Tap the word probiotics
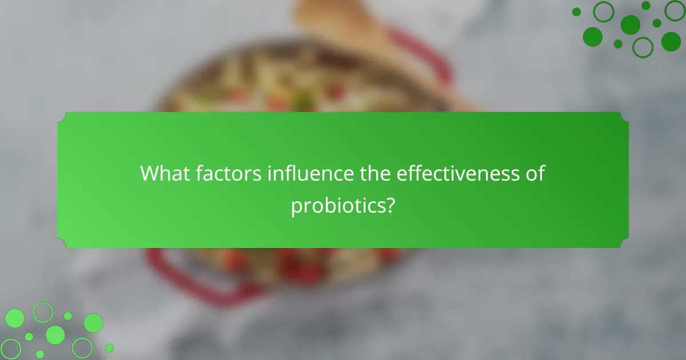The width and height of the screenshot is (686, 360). (x=337, y=206)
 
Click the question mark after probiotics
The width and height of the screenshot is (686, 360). (x=389, y=206)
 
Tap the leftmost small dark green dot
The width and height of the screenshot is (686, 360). (x=576, y=11)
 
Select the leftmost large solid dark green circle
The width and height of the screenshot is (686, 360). (x=592, y=37)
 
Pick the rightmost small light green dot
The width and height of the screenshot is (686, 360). (x=109, y=347)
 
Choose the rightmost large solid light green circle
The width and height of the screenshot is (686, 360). (x=93, y=323)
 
